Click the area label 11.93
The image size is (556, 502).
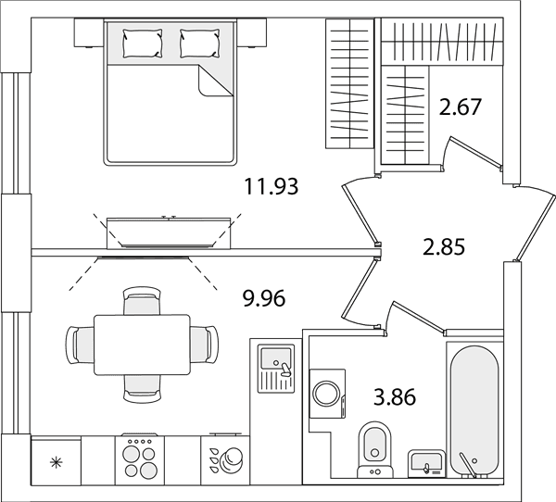coord(272,186)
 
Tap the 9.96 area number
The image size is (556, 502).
coord(264,298)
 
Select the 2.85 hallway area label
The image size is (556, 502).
coord(444,247)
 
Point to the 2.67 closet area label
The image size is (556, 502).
coord(460,107)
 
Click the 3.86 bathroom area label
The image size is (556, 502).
coord(395,396)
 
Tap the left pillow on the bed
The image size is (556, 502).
coord(143,44)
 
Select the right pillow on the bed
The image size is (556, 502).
coord(199,44)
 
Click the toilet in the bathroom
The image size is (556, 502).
coord(374,449)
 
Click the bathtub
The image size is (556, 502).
coord(474,409)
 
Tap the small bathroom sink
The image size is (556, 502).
coord(426,464)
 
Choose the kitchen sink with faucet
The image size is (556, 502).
coord(276,369)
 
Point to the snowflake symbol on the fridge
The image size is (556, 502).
coord(56,463)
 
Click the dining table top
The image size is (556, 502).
coord(142,345)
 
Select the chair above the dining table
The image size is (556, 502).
coord(142,301)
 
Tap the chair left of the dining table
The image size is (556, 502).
coord(80,345)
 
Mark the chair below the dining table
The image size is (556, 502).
coord(142,389)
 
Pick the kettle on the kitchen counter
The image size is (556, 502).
coord(231,459)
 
